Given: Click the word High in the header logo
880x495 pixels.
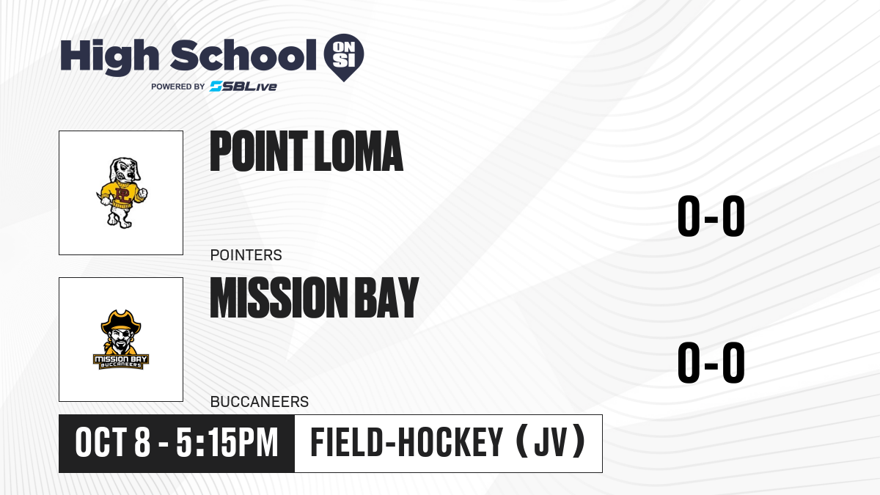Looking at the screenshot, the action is point(109,56).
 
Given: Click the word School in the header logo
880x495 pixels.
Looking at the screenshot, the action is point(243,55).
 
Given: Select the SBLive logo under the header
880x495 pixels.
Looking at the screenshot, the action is point(243,87).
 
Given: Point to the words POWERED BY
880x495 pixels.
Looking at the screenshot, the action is point(178,87).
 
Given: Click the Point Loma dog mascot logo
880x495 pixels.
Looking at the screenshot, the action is point(122,192).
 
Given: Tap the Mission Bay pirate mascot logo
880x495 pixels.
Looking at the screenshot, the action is point(121,340).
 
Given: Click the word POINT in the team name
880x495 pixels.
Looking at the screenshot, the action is point(258,151).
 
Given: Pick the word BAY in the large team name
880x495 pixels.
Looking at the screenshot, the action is point(387,298).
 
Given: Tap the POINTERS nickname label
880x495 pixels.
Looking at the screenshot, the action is point(246,255).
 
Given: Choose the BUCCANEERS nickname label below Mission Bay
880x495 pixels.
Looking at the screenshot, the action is point(260,402).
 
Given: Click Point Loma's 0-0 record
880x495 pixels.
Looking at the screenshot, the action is point(711,216).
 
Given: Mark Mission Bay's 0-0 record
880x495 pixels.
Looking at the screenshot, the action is point(711,362).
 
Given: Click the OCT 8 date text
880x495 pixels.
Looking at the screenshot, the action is point(113,443).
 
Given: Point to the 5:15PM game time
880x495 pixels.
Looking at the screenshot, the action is point(227,443).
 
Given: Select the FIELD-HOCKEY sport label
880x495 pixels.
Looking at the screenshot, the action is point(406,442).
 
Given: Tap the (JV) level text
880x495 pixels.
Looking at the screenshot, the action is point(551,442).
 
